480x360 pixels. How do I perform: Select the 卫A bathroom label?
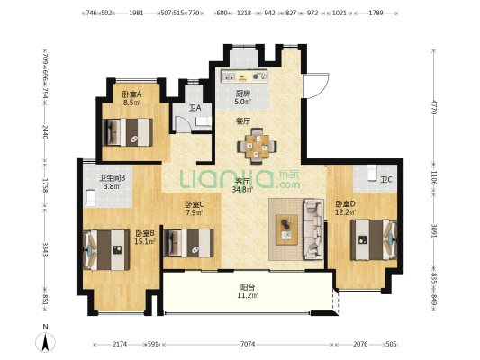pyautogui.click(x=195, y=109)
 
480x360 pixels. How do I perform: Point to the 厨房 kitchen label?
pyautogui.click(x=243, y=98)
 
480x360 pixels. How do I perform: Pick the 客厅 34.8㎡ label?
pyautogui.click(x=242, y=185)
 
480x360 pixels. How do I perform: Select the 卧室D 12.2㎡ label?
pyautogui.click(x=345, y=207)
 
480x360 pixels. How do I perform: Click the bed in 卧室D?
pyautogui.click(x=370, y=238)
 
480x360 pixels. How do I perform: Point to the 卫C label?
pyautogui.click(x=385, y=180)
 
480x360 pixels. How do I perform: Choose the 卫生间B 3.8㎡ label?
pyautogui.click(x=112, y=182)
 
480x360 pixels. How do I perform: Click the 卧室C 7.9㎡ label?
pyautogui.click(x=195, y=209)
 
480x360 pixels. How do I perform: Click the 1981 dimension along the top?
pyautogui.click(x=137, y=13)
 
